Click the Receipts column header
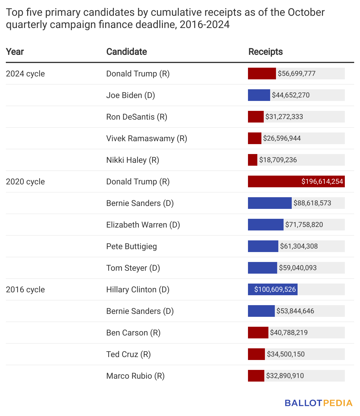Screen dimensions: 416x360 [265, 52]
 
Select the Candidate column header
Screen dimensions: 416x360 [126, 52]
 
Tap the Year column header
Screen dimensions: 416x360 [15, 52]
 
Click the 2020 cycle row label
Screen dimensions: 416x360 [25, 181]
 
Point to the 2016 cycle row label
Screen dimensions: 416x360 [25, 289]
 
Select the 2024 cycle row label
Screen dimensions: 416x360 [25, 74]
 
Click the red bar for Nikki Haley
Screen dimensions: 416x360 [252, 160]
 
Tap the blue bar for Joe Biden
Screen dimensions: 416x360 [259, 95]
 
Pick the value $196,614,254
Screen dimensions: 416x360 [322, 181]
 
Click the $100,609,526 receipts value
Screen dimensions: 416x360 [275, 289]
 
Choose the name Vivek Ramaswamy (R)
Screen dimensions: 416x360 [146, 138]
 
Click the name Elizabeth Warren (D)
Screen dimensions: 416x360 [143, 225]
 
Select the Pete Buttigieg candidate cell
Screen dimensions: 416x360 [132, 246]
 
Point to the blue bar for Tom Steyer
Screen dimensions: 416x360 [262, 268]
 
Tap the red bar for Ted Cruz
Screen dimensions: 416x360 [256, 354]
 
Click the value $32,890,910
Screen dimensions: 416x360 [285, 376]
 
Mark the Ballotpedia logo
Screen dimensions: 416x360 [319, 403]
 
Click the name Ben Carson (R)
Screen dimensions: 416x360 [133, 333]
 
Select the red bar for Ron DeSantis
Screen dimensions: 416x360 [256, 117]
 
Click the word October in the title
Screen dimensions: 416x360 [306, 12]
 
